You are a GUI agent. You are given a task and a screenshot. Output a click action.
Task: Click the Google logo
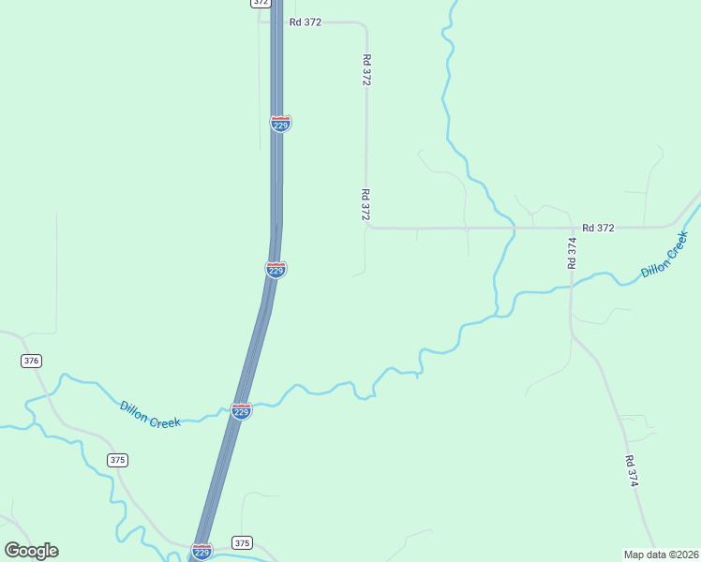(x=31, y=551)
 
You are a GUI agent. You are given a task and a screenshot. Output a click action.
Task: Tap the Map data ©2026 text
(x=661, y=555)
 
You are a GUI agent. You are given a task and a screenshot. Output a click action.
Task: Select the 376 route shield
(x=32, y=361)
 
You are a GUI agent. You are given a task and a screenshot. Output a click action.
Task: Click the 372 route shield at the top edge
(x=261, y=3)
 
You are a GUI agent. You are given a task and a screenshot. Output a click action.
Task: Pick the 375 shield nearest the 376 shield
(x=117, y=460)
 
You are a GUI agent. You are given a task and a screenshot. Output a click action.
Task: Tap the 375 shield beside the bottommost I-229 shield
(x=242, y=543)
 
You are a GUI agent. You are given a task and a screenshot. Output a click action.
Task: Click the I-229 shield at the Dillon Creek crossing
(x=241, y=411)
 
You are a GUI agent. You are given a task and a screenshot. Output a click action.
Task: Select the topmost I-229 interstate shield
(x=280, y=124)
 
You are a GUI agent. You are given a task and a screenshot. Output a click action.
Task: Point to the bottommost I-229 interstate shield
(x=201, y=551)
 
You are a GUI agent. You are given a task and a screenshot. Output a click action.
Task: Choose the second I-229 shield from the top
(x=276, y=270)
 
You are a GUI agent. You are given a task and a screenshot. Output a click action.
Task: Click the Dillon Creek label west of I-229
(x=150, y=415)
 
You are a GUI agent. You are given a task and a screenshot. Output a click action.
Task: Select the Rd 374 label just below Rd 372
(x=572, y=254)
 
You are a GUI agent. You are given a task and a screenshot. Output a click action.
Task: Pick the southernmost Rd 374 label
(x=633, y=471)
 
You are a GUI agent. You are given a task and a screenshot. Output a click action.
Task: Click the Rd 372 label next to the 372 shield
(x=306, y=22)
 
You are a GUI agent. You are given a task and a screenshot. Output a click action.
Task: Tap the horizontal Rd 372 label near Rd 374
(x=598, y=228)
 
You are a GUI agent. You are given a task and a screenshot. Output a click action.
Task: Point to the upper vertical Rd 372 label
(x=366, y=70)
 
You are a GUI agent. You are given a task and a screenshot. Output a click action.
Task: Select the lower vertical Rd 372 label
(x=365, y=204)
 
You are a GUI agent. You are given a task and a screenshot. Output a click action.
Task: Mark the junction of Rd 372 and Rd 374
(x=571, y=228)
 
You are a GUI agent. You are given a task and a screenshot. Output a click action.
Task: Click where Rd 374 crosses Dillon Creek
(x=571, y=287)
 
